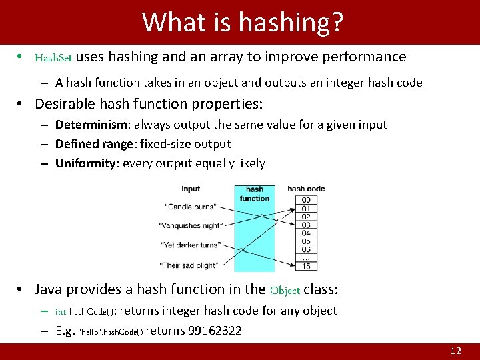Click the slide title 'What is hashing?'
pyautogui.click(x=243, y=22)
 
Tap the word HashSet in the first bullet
pyautogui.click(x=53, y=57)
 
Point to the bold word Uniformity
pyautogui.click(x=85, y=163)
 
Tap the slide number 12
pyautogui.click(x=456, y=351)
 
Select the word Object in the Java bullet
pyautogui.click(x=285, y=290)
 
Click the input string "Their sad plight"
pyautogui.click(x=188, y=265)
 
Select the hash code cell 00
pyautogui.click(x=305, y=200)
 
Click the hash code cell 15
pyautogui.click(x=305, y=266)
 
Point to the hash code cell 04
pyautogui.click(x=305, y=233)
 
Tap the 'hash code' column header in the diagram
pyautogui.click(x=306, y=189)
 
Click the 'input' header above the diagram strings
pyautogui.click(x=191, y=189)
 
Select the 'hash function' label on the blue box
pyautogui.click(x=255, y=194)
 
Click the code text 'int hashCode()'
pyautogui.click(x=85, y=311)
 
